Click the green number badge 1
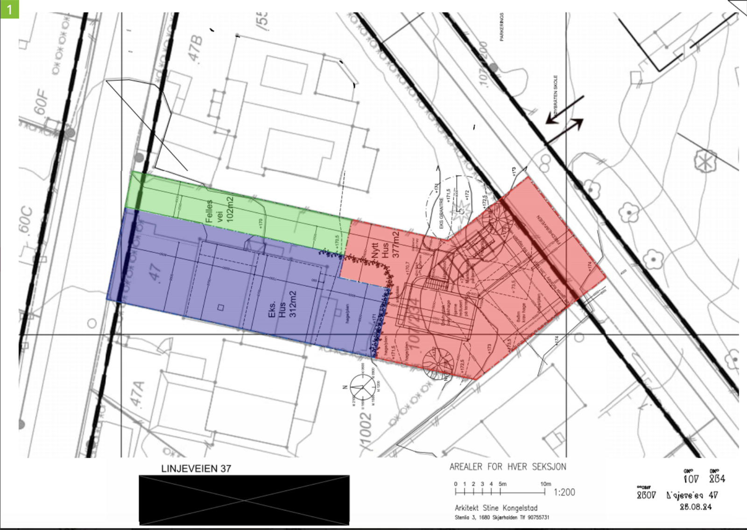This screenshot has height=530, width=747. click(x=9, y=9)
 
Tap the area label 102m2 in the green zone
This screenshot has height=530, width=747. click(x=229, y=209)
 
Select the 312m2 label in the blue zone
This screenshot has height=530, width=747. click(x=293, y=304)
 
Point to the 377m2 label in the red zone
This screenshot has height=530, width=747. click(x=396, y=244)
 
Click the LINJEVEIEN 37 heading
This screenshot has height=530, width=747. click(x=196, y=469)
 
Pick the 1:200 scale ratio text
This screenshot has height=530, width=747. click(x=564, y=492)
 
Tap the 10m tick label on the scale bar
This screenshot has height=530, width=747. click(x=545, y=484)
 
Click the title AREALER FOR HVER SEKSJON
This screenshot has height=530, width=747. click(x=508, y=467)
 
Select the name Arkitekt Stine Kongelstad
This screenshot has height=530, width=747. click(x=496, y=508)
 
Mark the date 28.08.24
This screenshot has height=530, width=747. click(x=696, y=507)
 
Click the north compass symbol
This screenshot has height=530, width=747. click(x=363, y=387)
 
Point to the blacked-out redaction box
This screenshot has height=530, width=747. click(x=244, y=500)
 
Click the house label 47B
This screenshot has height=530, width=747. click(x=196, y=48)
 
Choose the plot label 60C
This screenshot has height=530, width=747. click(x=26, y=220)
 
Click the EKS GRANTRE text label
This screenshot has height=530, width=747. click(x=441, y=213)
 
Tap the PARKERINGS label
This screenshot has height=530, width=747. click(x=502, y=27)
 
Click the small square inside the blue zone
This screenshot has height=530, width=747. click(x=221, y=307)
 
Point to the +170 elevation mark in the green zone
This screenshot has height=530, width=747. click(x=261, y=223)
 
